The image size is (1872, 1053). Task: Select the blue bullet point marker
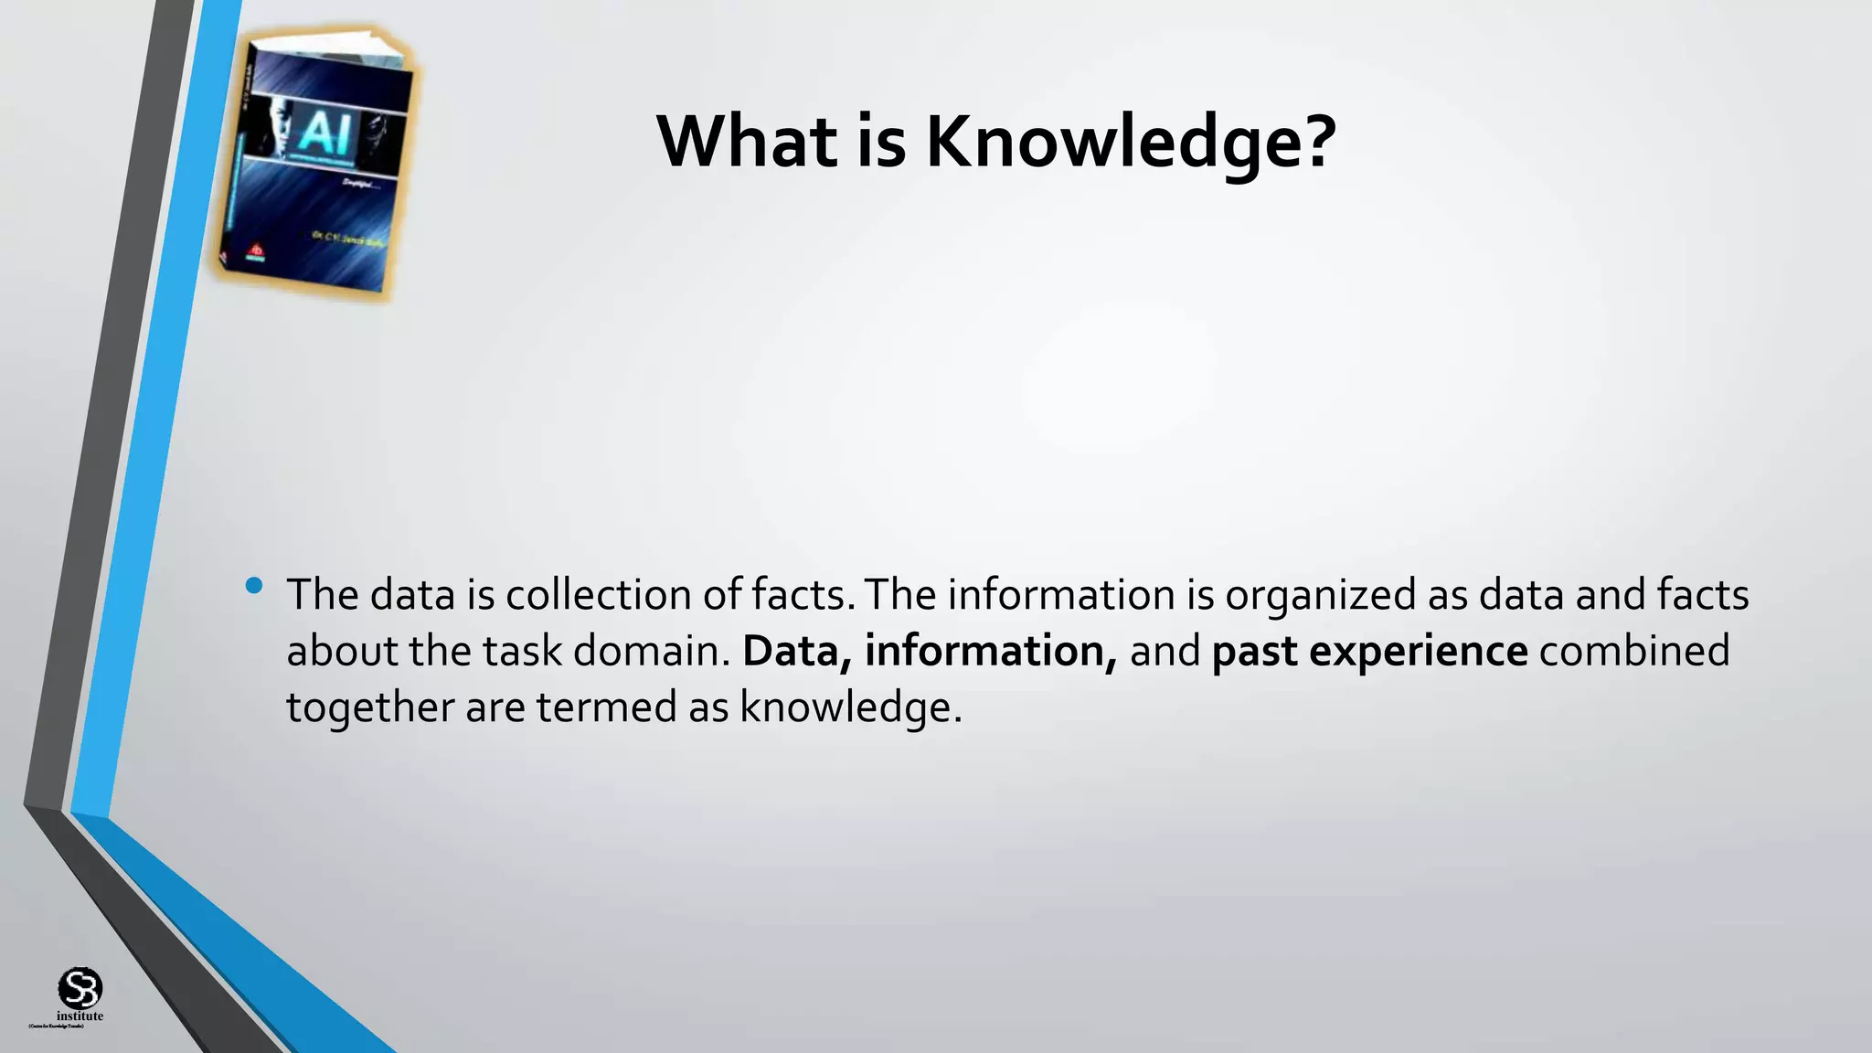click(254, 585)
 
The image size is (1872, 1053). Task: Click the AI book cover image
click(315, 165)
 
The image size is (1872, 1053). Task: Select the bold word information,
click(990, 652)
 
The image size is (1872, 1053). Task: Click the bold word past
click(1254, 652)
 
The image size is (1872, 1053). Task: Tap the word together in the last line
click(370, 708)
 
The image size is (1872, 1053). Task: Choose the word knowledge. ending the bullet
click(851, 708)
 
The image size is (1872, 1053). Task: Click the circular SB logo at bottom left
click(80, 988)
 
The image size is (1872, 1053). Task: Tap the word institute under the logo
click(80, 1016)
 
